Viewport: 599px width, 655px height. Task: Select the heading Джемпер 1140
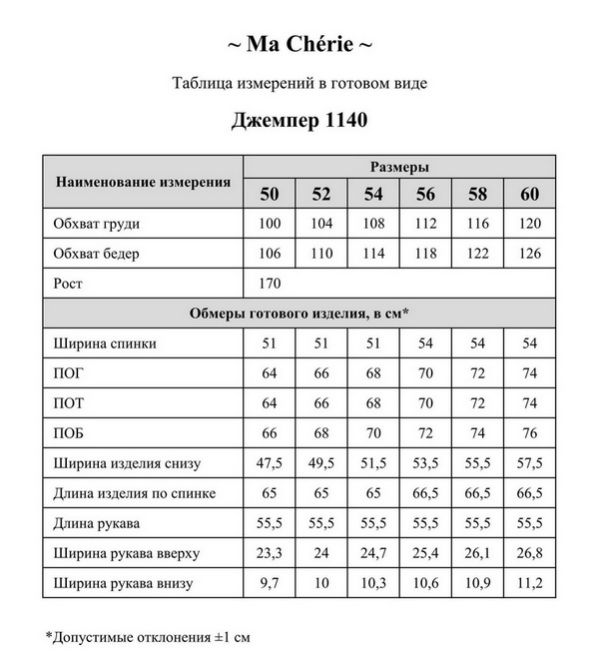(x=299, y=121)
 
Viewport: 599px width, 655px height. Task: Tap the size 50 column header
(x=270, y=194)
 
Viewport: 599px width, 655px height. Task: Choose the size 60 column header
(x=529, y=194)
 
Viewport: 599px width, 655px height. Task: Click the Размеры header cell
(x=399, y=167)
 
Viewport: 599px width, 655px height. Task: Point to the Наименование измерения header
(x=143, y=182)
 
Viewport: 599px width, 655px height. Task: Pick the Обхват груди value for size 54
(x=373, y=224)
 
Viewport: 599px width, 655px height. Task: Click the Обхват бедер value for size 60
(x=529, y=254)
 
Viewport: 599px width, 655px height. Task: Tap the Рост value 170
(x=270, y=284)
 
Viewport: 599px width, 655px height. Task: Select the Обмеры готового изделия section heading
(x=299, y=314)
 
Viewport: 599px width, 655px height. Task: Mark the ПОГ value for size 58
(x=477, y=373)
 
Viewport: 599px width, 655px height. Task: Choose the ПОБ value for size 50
(x=270, y=433)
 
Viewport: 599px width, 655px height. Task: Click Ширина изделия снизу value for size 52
(x=321, y=463)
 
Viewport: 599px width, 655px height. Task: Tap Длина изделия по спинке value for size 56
(x=425, y=493)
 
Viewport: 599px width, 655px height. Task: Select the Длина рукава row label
(x=97, y=523)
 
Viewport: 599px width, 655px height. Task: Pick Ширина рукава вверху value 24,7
(x=373, y=553)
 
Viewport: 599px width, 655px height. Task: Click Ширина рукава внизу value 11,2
(x=529, y=583)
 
